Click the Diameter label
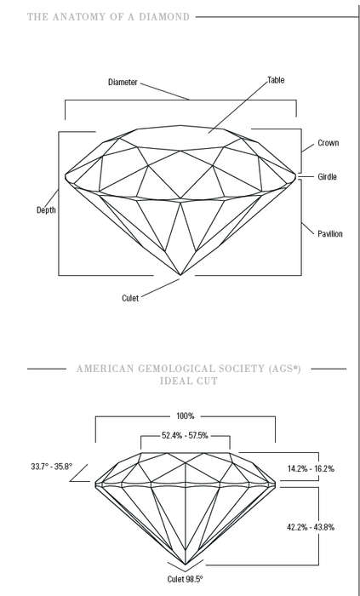[123, 82]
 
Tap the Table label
[276, 80]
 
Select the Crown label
[329, 143]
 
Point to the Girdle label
[328, 177]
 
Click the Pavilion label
[330, 234]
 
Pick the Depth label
[46, 209]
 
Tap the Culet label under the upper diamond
[130, 298]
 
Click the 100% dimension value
[186, 416]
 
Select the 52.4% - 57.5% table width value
[185, 436]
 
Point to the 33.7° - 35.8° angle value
[52, 467]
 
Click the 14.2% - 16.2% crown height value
[311, 468]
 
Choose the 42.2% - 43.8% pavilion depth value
[311, 527]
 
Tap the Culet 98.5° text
[186, 579]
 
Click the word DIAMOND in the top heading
[169, 17]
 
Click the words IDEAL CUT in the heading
[189, 381]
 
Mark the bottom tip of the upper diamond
[180, 274]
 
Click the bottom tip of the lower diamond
[186, 564]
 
